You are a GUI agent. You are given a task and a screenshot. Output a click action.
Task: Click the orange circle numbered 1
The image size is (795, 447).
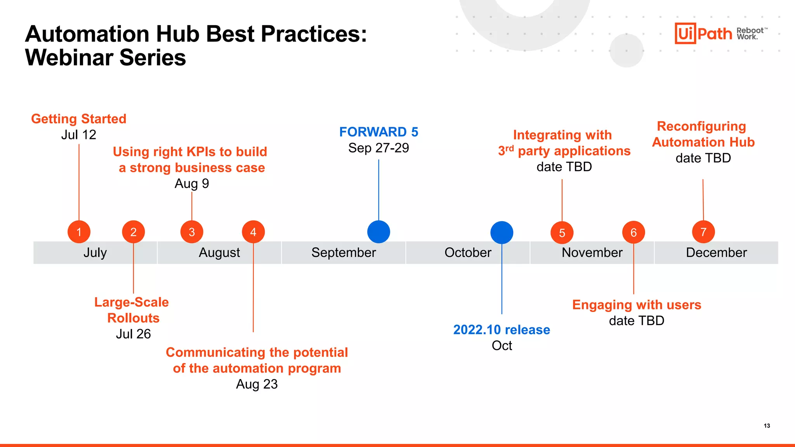[x=79, y=232]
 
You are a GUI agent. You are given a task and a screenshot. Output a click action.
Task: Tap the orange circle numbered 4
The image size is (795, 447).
[x=253, y=232]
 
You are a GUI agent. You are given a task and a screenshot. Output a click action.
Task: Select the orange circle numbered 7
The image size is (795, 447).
[x=703, y=232]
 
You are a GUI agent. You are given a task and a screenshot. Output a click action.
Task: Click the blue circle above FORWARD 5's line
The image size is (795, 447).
[x=378, y=232]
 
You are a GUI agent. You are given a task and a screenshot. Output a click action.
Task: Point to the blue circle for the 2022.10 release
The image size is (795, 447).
[x=502, y=232]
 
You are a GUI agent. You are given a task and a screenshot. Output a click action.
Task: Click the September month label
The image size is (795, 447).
[x=344, y=253]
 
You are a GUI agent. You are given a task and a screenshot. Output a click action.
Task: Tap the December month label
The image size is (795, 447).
[x=716, y=253]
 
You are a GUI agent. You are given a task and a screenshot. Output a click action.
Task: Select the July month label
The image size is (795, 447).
[x=95, y=253]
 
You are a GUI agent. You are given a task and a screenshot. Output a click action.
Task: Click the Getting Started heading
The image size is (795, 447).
[x=79, y=119]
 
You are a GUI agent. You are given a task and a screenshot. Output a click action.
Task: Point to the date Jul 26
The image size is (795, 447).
[x=133, y=334]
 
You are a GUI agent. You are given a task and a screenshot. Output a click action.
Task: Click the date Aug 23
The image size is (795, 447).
[x=257, y=384]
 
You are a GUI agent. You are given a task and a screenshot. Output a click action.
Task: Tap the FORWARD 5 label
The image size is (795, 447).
[x=378, y=132]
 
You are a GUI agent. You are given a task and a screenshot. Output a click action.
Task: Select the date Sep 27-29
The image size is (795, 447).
[x=378, y=148]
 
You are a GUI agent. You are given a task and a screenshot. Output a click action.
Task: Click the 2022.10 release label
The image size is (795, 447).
[x=502, y=330]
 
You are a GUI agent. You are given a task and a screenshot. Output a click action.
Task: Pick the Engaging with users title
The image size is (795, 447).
[x=637, y=305]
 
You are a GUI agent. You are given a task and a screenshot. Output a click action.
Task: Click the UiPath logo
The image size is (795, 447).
[x=703, y=33]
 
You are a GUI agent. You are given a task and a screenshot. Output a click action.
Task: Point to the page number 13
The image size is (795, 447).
[x=767, y=426]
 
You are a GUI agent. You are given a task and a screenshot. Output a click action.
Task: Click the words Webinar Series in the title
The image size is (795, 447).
[x=106, y=58]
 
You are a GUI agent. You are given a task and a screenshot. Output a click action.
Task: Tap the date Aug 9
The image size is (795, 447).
[x=192, y=184]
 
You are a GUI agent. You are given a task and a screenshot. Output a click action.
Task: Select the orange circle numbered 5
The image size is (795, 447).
[x=562, y=233]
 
